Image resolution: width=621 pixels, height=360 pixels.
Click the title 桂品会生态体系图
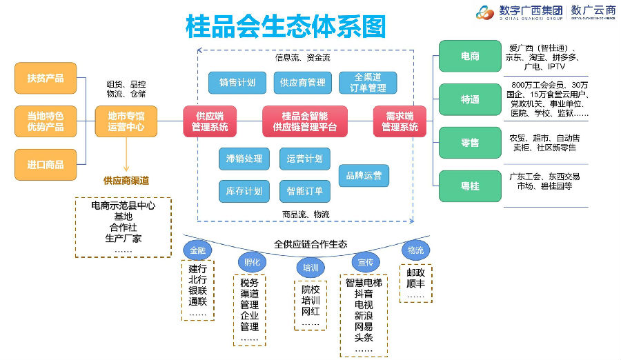285,27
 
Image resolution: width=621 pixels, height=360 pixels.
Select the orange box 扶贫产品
46,78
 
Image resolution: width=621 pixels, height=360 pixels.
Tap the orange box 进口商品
46,165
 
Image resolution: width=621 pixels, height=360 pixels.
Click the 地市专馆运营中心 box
126,121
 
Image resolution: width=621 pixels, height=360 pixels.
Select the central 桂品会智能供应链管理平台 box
304,121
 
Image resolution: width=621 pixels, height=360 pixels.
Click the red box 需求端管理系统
400,121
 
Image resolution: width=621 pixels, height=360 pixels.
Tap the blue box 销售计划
237,83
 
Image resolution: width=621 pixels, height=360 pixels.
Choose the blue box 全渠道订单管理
368,83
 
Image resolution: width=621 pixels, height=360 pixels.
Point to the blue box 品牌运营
364,175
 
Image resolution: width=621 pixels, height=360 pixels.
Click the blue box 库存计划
244,191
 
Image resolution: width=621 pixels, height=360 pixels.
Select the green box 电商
470,56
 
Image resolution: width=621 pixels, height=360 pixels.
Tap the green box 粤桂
470,186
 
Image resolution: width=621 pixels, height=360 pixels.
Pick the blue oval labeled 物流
415,250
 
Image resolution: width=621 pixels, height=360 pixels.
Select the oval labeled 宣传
365,262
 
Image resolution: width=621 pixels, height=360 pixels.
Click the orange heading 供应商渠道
126,181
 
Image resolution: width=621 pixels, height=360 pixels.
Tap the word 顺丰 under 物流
415,283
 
